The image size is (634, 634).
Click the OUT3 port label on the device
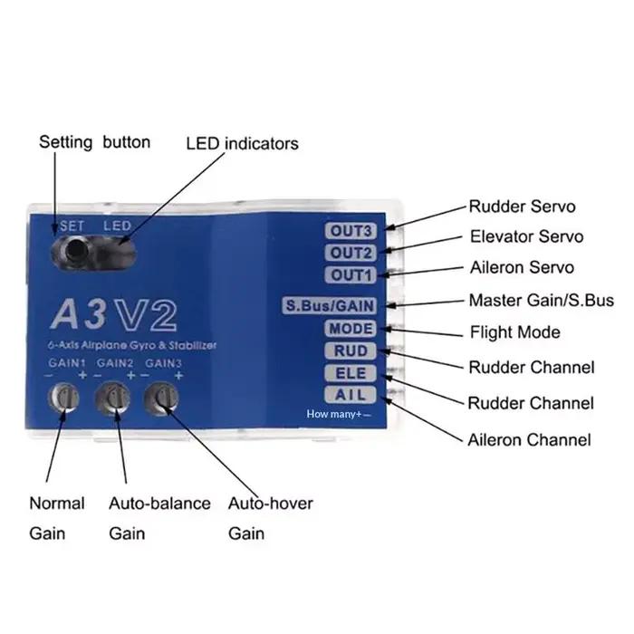tap(351, 231)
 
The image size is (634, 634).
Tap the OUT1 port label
tap(351, 275)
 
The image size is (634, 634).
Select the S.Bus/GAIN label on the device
tap(330, 306)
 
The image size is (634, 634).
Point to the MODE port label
tap(351, 328)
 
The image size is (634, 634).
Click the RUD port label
tap(351, 351)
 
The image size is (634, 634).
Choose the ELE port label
tap(351, 373)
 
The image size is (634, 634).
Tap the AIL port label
tap(351, 395)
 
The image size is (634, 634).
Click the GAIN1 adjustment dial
tap(64, 398)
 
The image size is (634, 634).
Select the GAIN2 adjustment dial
tap(113, 399)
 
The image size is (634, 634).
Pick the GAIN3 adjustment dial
tap(162, 399)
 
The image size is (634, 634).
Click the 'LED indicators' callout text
tap(242, 143)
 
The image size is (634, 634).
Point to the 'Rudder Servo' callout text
tap(522, 207)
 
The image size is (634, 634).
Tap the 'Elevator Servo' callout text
tap(526, 236)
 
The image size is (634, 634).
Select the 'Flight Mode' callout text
tap(515, 332)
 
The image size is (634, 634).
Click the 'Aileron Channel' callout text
tap(529, 440)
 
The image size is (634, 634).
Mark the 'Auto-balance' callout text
tap(159, 504)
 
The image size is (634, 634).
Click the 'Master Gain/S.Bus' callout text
tap(542, 301)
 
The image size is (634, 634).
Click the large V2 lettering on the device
tap(146, 315)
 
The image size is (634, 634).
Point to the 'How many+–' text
tap(339, 414)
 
